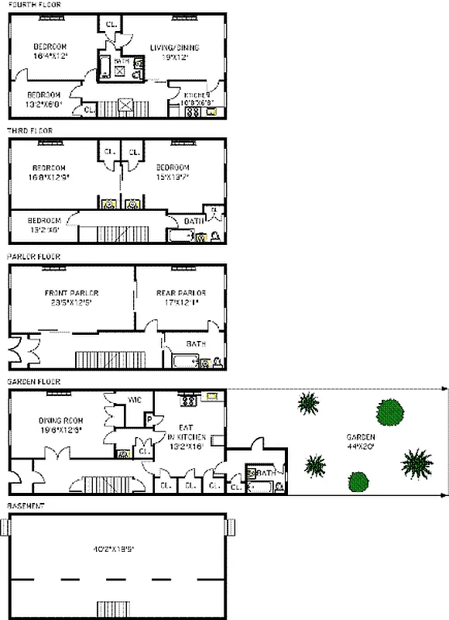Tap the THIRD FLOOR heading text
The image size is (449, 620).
coord(29,131)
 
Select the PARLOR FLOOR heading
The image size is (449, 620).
coord(33,257)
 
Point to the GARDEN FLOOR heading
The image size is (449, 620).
coord(33,382)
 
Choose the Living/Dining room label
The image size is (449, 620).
coord(173,52)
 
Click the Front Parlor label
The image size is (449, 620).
coord(71,298)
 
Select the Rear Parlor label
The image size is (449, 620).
coord(181,298)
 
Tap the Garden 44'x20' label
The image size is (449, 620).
coord(360,441)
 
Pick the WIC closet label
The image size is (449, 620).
coord(132,400)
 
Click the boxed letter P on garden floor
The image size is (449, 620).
coord(149,420)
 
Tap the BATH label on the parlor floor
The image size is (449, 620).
coord(194,343)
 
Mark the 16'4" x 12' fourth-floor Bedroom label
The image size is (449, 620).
coord(50,51)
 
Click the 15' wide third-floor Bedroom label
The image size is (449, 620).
coord(172,172)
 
